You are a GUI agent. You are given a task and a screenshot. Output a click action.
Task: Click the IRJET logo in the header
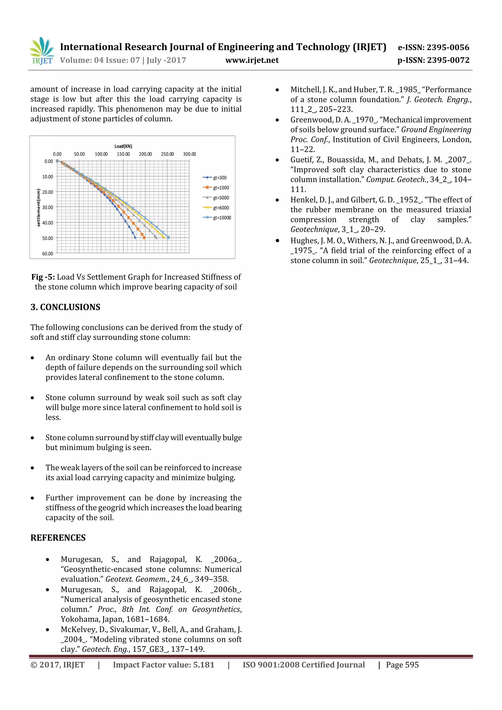(x=42, y=51)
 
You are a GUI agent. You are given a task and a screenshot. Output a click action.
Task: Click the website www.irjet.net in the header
(x=252, y=60)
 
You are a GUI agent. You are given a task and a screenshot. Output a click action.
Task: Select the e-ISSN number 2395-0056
(x=448, y=47)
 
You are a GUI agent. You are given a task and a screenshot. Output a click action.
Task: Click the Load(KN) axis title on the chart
(x=123, y=146)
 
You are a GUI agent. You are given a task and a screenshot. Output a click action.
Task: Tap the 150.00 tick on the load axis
(x=123, y=154)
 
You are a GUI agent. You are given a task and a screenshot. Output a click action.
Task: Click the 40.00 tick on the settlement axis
(x=48, y=223)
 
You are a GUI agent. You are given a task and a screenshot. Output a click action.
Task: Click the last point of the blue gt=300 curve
(x=135, y=238)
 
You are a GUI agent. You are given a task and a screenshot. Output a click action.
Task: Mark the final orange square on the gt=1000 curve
(x=144, y=238)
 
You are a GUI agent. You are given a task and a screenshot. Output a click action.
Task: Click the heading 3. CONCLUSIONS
(x=65, y=307)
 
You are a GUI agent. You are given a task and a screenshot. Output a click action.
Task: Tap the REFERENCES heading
(x=58, y=538)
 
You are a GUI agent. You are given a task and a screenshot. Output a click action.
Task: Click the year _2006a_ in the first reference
(x=226, y=560)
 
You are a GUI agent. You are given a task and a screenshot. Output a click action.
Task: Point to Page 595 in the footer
(x=402, y=665)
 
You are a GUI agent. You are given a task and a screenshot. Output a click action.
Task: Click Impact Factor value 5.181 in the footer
(x=163, y=665)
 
